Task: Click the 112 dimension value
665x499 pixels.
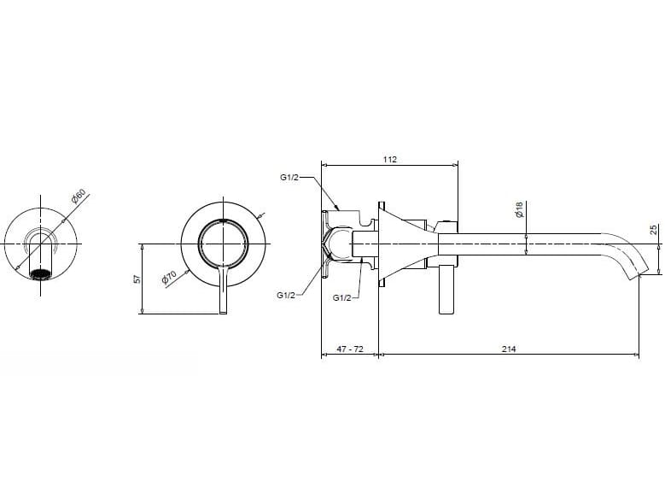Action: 390,159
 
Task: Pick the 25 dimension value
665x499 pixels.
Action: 653,229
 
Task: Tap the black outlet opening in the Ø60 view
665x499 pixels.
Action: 40,274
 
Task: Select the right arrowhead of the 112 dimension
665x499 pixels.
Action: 454,166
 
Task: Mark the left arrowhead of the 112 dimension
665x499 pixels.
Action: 324,166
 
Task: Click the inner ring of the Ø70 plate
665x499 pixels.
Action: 223,221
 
